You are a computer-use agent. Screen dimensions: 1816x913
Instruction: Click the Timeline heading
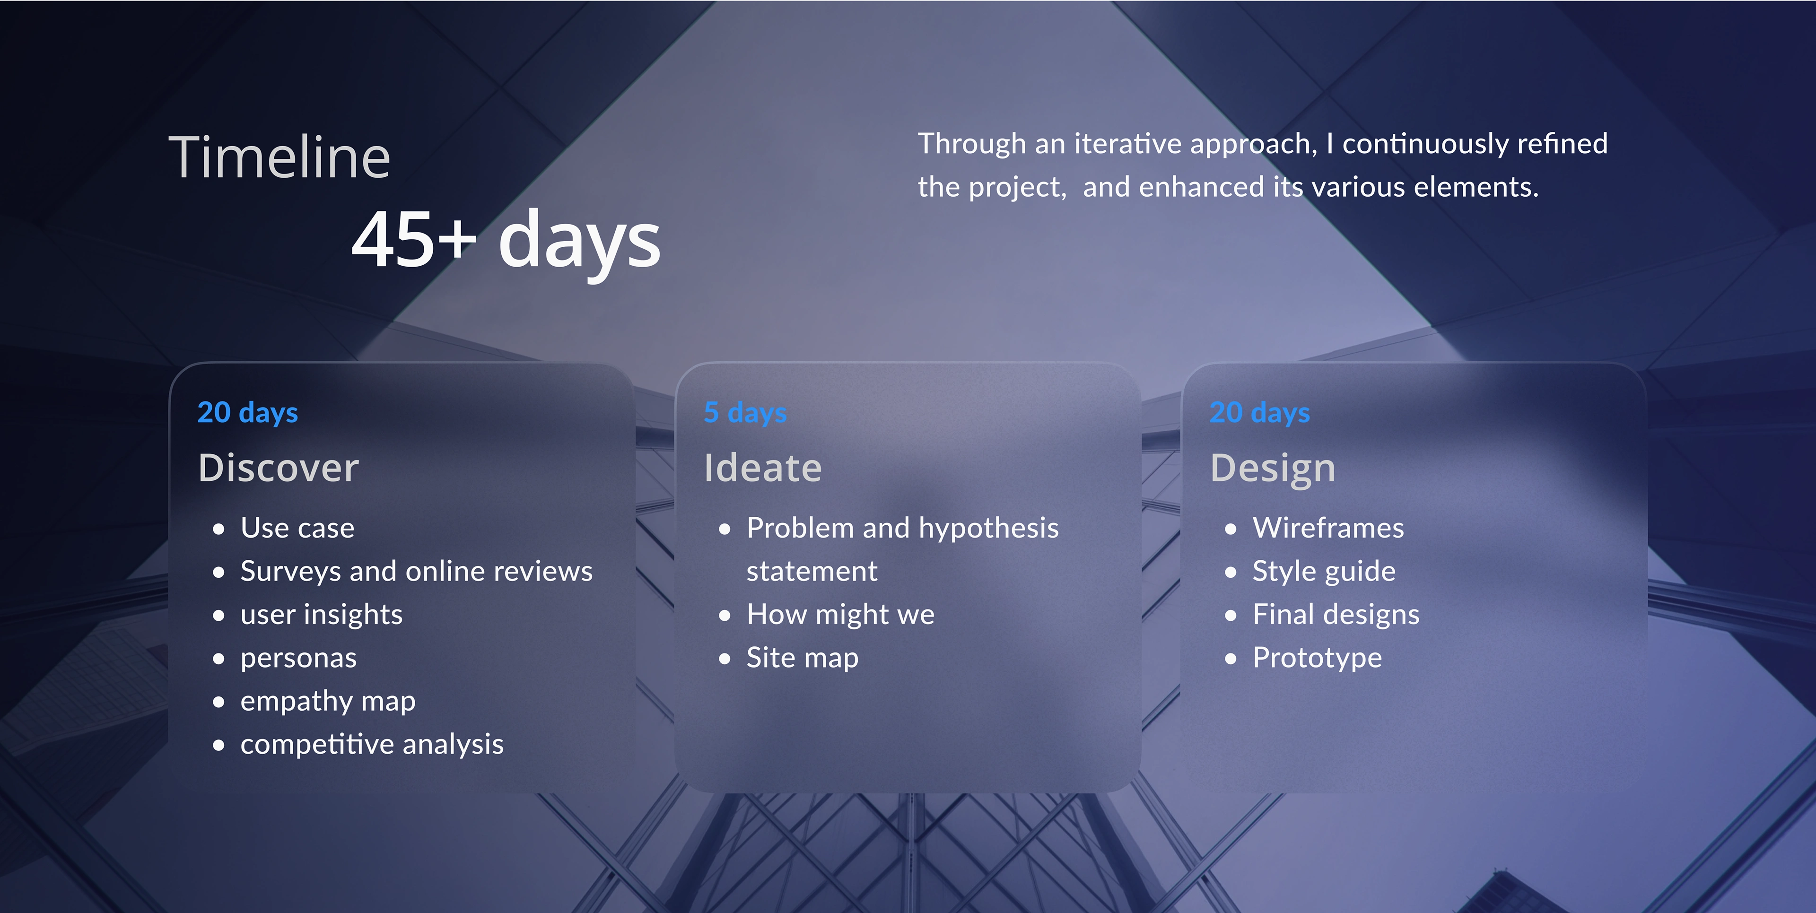click(x=279, y=157)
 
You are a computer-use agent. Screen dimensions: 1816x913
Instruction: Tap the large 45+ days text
click(x=506, y=241)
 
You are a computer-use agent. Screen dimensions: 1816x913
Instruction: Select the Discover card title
click(x=279, y=468)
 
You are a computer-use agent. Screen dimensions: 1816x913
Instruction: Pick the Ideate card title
click(x=763, y=468)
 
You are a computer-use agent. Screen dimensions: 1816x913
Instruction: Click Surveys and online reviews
click(x=417, y=572)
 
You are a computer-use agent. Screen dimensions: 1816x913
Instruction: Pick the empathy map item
click(x=328, y=702)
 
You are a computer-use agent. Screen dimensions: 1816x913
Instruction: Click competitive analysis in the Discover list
click(x=372, y=745)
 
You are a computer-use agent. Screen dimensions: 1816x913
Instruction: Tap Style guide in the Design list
click(x=1324, y=572)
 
